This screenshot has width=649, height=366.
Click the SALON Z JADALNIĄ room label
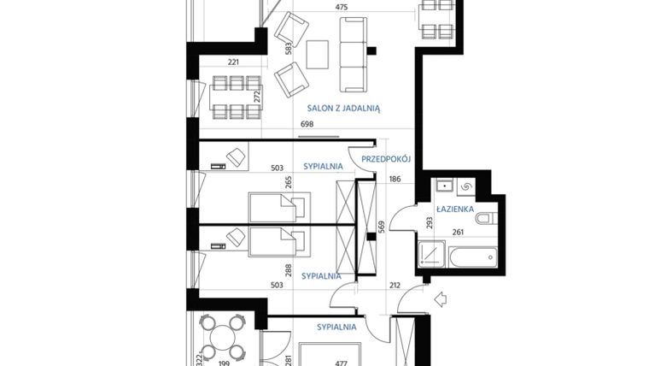point(344,109)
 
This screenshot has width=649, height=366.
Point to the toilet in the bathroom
point(485,219)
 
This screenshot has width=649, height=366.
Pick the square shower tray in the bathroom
point(431,255)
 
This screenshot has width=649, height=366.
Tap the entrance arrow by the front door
point(441,298)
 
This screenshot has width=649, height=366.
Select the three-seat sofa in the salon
point(352,56)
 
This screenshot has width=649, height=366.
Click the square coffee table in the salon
point(319,55)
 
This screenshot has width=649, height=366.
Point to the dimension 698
point(308,126)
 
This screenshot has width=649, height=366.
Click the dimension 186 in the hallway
point(395,180)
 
